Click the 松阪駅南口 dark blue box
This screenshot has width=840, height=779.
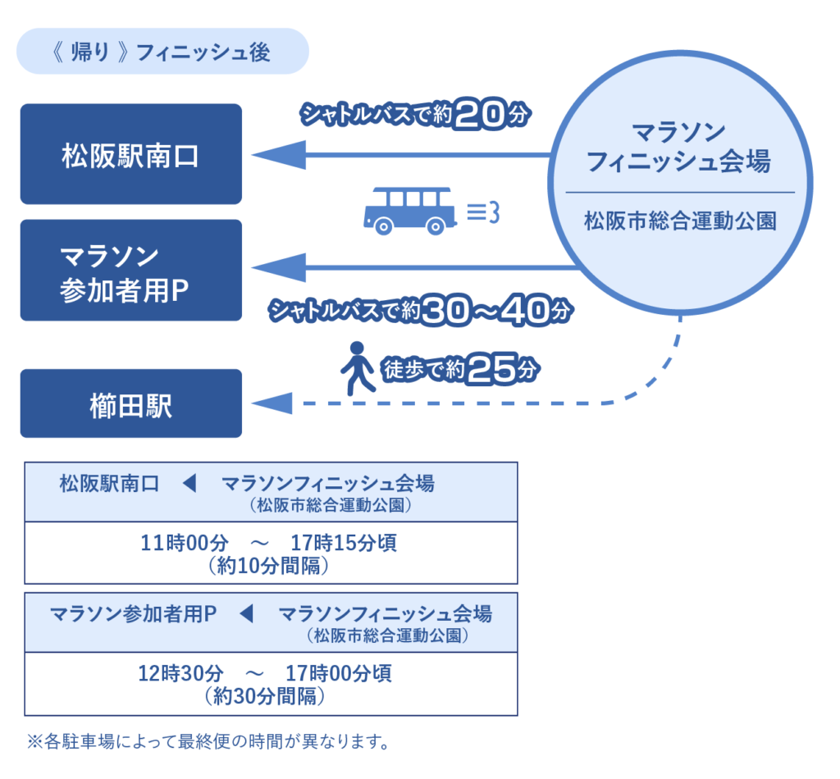pyautogui.click(x=130, y=154)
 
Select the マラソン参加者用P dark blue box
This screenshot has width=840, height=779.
pyautogui.click(x=130, y=270)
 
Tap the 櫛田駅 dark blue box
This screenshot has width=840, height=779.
pyautogui.click(x=130, y=403)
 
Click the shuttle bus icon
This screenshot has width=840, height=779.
pyautogui.click(x=409, y=211)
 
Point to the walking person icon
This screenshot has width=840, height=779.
pyautogui.click(x=358, y=368)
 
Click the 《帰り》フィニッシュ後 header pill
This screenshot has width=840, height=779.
pyautogui.click(x=162, y=52)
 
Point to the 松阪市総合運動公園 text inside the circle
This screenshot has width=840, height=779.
pyautogui.click(x=680, y=221)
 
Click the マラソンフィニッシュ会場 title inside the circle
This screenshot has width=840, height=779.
pyautogui.click(x=679, y=148)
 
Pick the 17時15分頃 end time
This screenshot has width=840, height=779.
pyautogui.click(x=345, y=544)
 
